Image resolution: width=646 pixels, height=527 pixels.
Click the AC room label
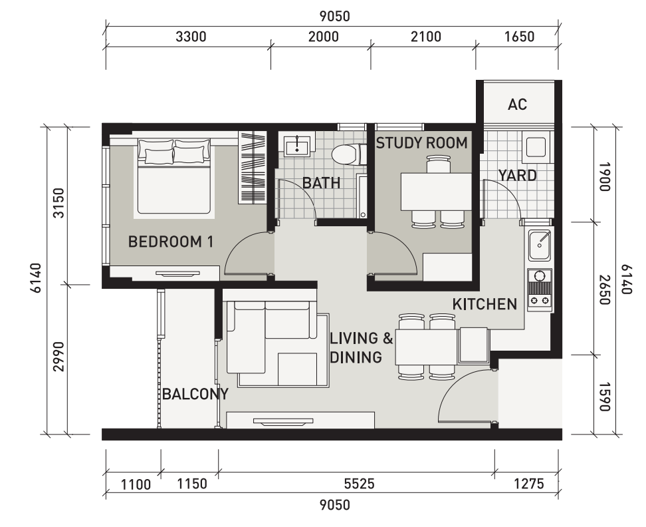[517, 104]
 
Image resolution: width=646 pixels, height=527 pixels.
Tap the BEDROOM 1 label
[171, 242]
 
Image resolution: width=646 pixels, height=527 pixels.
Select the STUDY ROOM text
[421, 143]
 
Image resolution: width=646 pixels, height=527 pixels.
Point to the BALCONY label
[195, 394]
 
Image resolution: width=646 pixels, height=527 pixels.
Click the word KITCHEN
[484, 304]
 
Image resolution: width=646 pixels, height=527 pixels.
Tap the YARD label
[517, 175]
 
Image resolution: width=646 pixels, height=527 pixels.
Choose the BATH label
[321, 183]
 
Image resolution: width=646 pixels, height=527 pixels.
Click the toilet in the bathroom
[345, 154]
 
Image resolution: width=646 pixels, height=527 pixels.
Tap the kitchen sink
[539, 246]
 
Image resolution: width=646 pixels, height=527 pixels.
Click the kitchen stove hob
[539, 289]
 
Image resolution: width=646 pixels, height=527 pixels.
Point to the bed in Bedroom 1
[175, 178]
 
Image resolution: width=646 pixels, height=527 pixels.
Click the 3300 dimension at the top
[191, 37]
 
